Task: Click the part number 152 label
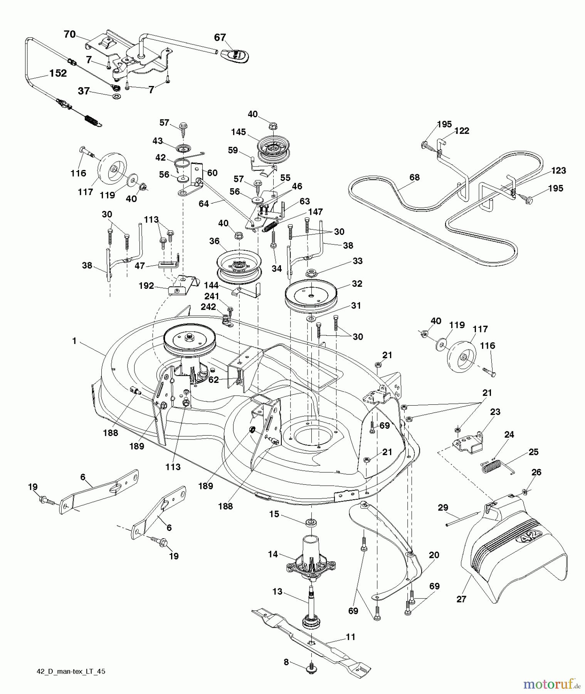58,73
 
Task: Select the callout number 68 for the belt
415,177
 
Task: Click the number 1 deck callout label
74,341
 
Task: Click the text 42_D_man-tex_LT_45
71,682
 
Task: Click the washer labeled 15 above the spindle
311,522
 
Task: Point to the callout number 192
146,286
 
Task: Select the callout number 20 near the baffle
434,555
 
